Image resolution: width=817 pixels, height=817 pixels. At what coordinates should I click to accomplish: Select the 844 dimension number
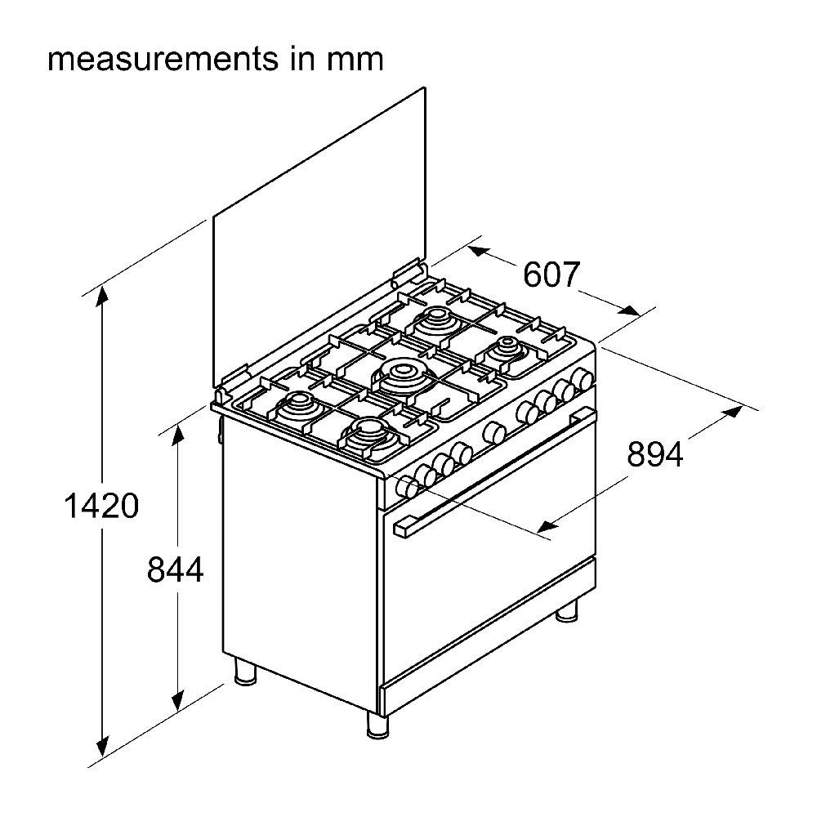175,569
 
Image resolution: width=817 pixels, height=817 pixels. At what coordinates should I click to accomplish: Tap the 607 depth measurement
551,275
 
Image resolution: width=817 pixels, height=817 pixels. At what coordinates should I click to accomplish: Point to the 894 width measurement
654,454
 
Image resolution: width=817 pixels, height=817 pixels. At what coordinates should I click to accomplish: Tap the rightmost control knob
583,378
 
